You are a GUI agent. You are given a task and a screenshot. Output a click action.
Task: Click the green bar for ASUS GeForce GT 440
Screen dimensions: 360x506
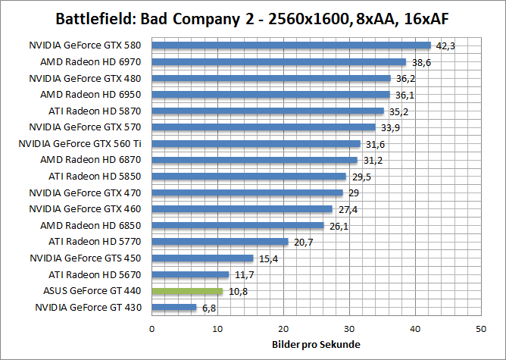187,291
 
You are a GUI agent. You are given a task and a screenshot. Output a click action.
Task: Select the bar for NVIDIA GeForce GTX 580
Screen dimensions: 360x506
291,45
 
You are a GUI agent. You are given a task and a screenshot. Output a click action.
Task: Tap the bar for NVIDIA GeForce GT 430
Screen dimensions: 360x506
174,308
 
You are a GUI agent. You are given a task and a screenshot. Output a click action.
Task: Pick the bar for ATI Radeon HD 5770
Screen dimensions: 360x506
220,242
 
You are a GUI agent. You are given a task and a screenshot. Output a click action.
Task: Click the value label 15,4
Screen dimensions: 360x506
267,259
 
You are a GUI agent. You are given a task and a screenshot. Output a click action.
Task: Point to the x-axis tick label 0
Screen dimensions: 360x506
152,329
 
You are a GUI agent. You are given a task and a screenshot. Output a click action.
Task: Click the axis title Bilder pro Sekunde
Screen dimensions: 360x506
316,345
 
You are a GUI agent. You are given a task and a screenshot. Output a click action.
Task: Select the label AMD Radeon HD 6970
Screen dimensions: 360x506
96,62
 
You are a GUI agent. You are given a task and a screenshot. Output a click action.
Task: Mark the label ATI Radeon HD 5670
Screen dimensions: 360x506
97,274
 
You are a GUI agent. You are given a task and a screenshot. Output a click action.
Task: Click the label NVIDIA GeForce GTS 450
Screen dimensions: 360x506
87,258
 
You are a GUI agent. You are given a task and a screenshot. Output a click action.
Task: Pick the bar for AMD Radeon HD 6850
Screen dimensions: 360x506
238,225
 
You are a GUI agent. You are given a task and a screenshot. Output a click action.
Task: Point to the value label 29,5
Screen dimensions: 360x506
361,177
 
